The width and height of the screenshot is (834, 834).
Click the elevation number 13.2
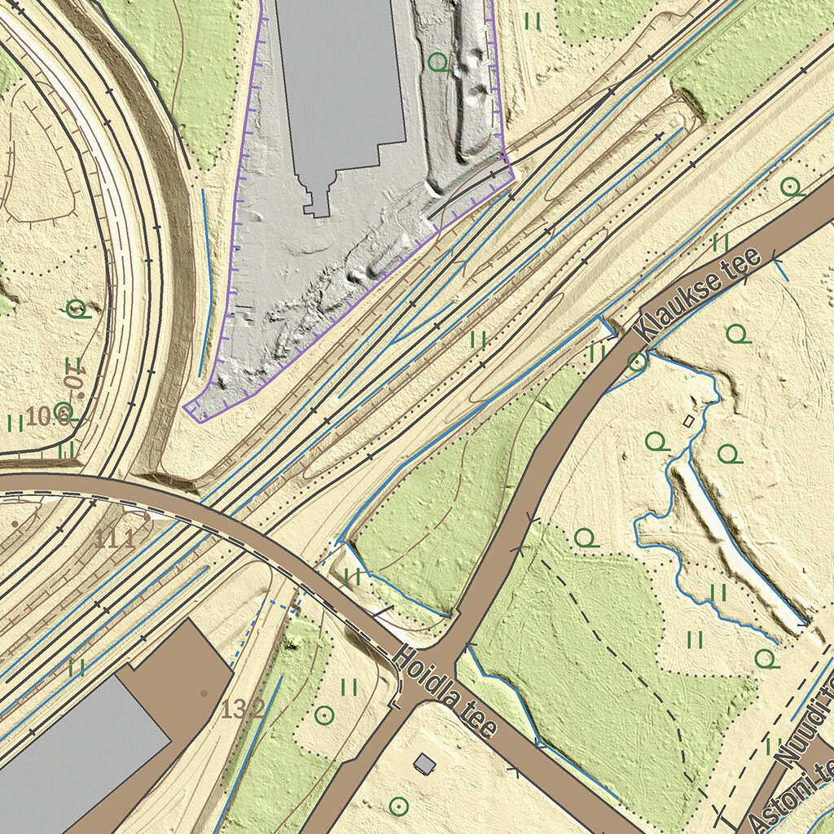243,709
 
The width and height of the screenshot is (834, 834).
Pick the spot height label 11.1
113,538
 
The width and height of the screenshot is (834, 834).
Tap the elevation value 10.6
47,417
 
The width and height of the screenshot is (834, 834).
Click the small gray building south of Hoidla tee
424,763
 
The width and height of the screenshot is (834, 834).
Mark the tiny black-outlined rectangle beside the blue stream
688,421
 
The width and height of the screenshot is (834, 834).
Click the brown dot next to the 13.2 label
204,693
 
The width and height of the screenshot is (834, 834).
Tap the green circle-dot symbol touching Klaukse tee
638,361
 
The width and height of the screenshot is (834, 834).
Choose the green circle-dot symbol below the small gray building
398,806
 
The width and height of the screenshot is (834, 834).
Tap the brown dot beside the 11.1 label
146,516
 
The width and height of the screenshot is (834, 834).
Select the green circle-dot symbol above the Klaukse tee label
788,187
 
